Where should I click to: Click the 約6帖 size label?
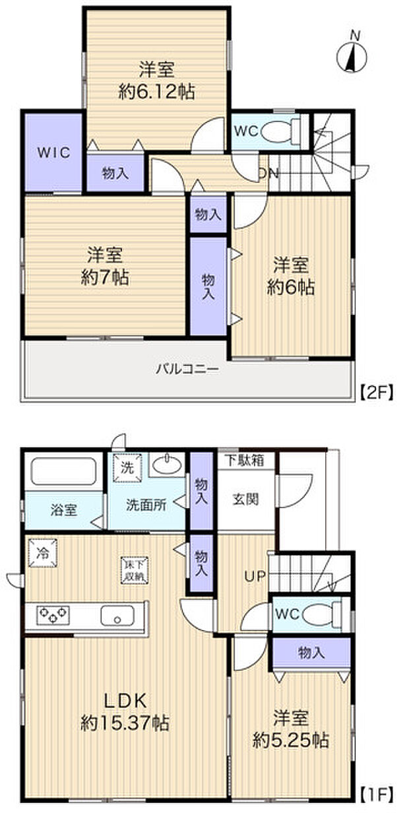click(x=291, y=287)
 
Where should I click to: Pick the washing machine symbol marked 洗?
click(x=125, y=468)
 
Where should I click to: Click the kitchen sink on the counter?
click(x=117, y=617)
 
